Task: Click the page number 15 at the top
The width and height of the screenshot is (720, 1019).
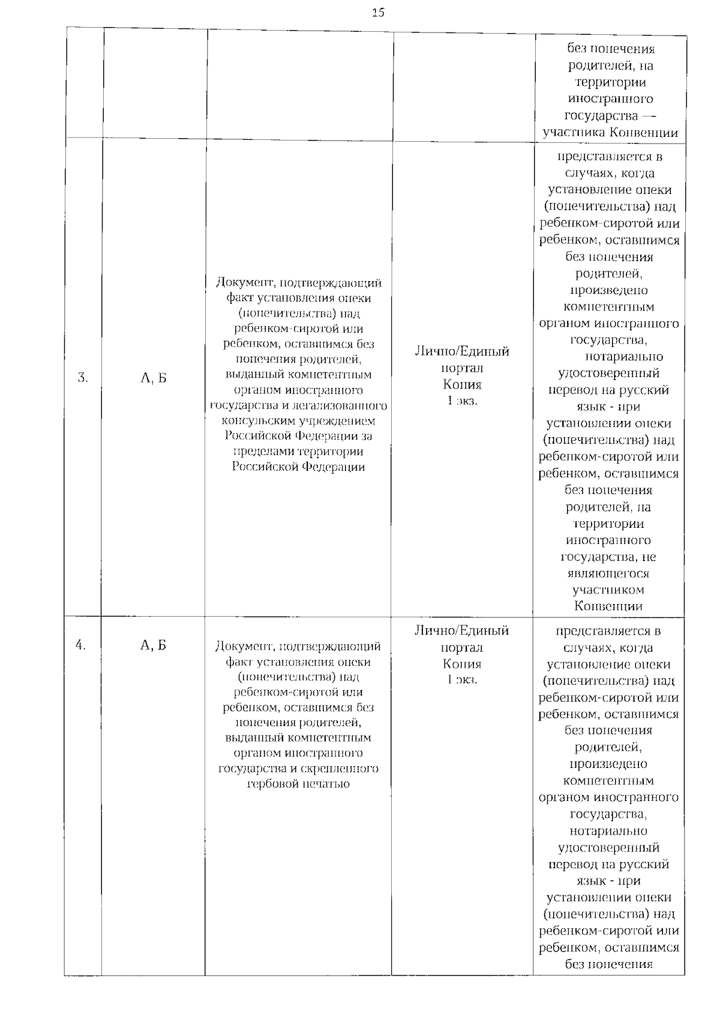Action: pos(378,12)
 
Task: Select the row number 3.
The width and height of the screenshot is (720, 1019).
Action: pos(83,378)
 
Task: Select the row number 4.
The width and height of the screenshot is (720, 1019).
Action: pos(81,645)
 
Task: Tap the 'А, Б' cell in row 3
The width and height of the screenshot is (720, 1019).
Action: pos(153,378)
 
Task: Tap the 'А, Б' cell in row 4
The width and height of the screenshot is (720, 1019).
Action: pos(153,645)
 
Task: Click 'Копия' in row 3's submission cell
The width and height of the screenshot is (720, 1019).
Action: pos(462,384)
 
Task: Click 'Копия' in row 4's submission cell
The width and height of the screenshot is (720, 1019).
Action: pos(462,664)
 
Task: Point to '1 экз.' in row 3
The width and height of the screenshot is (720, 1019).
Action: pos(462,401)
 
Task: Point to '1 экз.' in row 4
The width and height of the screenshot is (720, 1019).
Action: pos(462,679)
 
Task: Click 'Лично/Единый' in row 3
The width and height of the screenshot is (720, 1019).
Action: pos(462,351)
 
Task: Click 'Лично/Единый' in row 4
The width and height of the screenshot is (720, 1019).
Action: pos(461,630)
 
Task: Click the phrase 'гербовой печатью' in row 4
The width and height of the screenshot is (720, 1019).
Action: pos(298,784)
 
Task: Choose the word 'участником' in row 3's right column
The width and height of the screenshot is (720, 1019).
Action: pos(608,590)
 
